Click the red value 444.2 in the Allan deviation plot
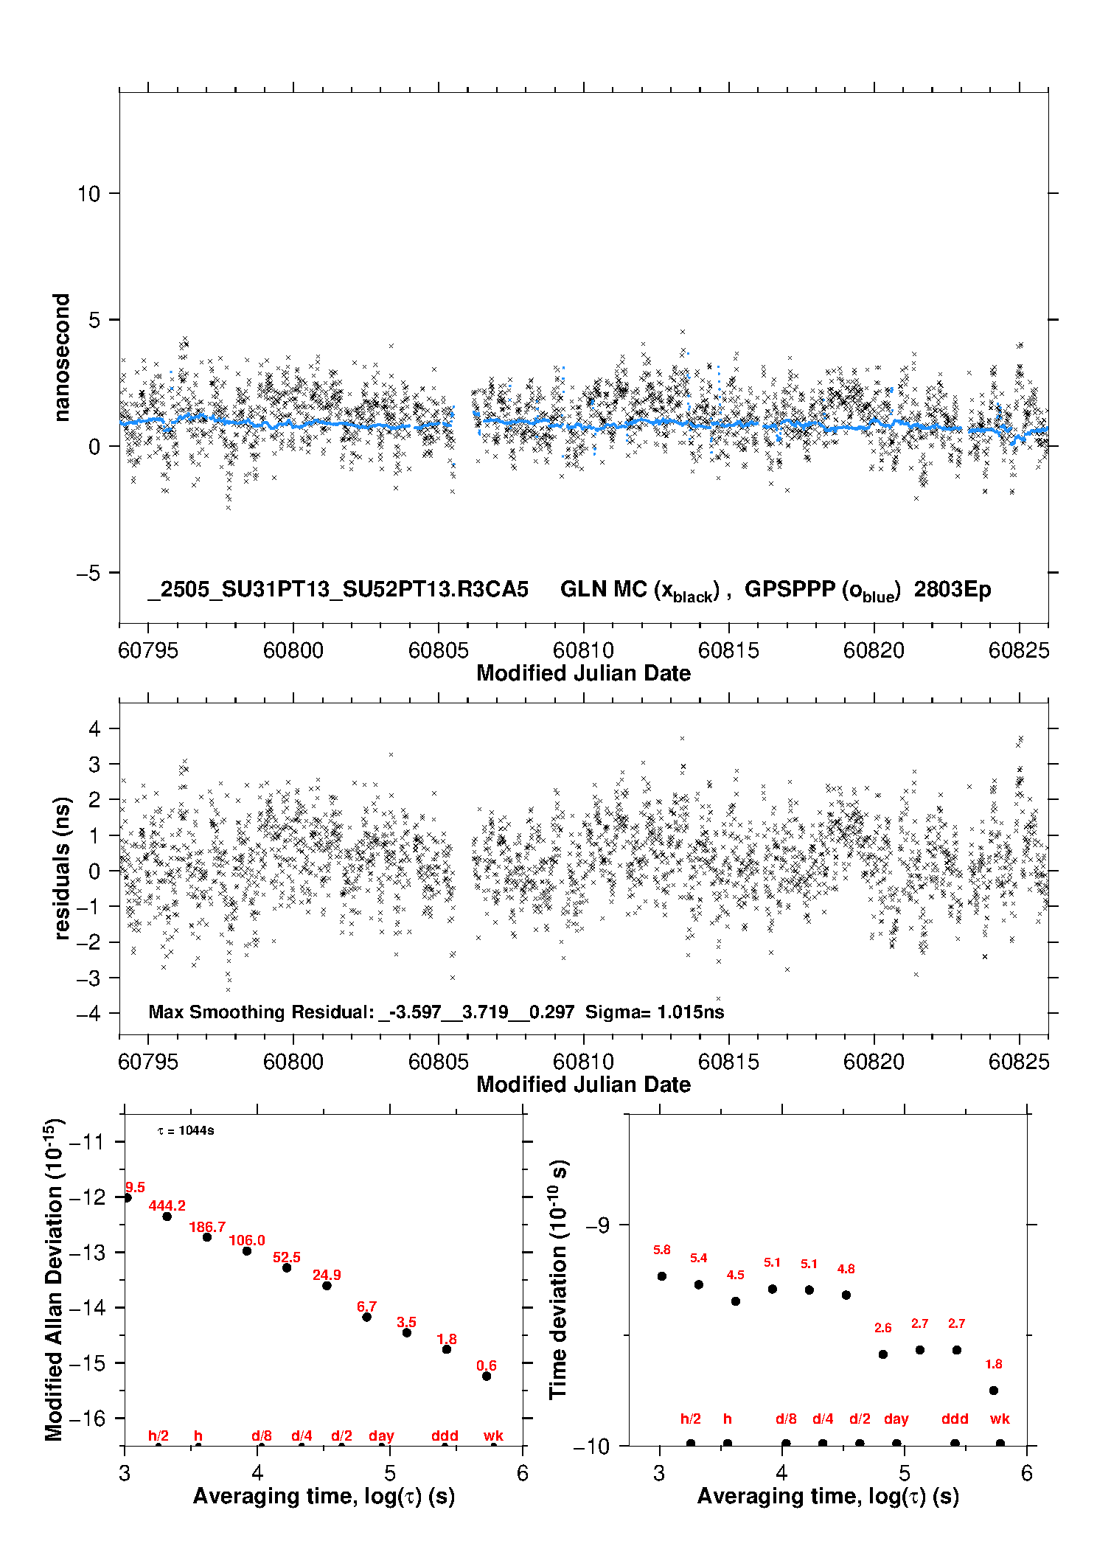167,1205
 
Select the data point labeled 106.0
247,1250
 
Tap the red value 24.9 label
327,1275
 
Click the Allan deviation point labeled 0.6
487,1376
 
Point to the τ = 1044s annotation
186,1130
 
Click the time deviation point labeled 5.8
662,1276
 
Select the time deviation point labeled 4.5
736,1301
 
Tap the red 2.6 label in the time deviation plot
883,1328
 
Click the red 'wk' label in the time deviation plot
1000,1419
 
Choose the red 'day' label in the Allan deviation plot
381,1436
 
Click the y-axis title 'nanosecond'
61,358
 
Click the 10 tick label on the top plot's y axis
88,194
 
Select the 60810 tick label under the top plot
583,650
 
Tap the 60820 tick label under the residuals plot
874,1062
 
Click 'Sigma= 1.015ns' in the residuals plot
655,1012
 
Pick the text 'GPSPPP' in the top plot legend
790,589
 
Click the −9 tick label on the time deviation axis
598,1225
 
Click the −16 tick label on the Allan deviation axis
87,1418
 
